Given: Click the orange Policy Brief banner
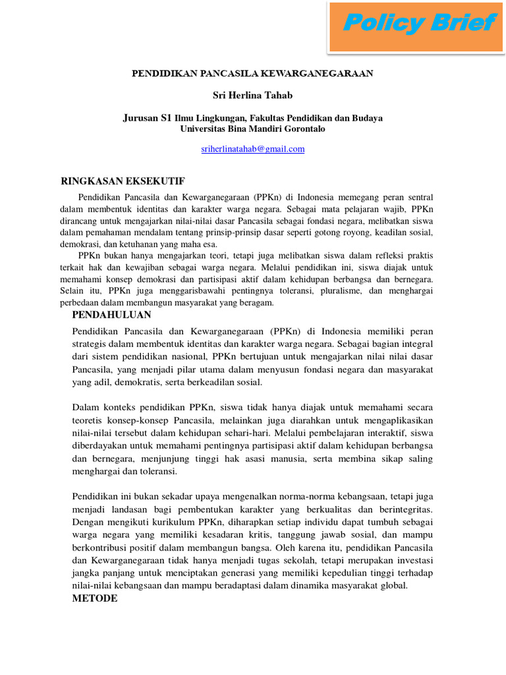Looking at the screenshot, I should click(418, 26).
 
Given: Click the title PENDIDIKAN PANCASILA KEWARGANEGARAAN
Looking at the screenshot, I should click(252, 73).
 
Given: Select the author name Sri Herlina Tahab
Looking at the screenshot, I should click(252, 96).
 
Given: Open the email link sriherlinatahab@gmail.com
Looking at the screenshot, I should click(252, 149).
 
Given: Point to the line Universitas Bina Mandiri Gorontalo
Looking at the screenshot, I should click(252, 129).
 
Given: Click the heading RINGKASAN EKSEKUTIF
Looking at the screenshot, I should click(123, 181).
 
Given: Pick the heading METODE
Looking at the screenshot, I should click(95, 598).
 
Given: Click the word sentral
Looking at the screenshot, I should click(418, 197).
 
